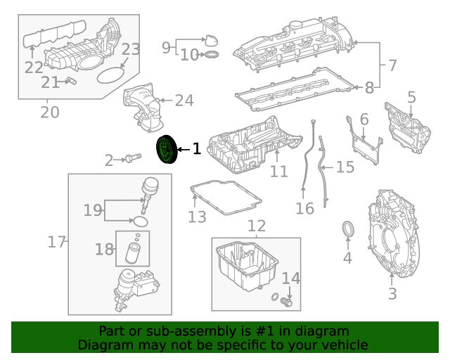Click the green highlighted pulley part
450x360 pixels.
(x=166, y=149)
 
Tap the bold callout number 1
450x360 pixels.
(x=196, y=149)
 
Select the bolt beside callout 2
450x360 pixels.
(x=131, y=159)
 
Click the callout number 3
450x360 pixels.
(x=392, y=293)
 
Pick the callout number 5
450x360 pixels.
(x=364, y=120)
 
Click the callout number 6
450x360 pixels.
(x=392, y=65)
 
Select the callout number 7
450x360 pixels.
(x=369, y=88)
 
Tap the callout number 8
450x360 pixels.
(x=167, y=47)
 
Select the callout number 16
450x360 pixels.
(x=304, y=208)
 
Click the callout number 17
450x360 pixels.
(x=56, y=242)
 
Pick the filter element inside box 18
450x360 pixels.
(x=132, y=252)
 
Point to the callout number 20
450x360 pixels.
(x=49, y=112)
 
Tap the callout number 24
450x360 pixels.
(x=184, y=101)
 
